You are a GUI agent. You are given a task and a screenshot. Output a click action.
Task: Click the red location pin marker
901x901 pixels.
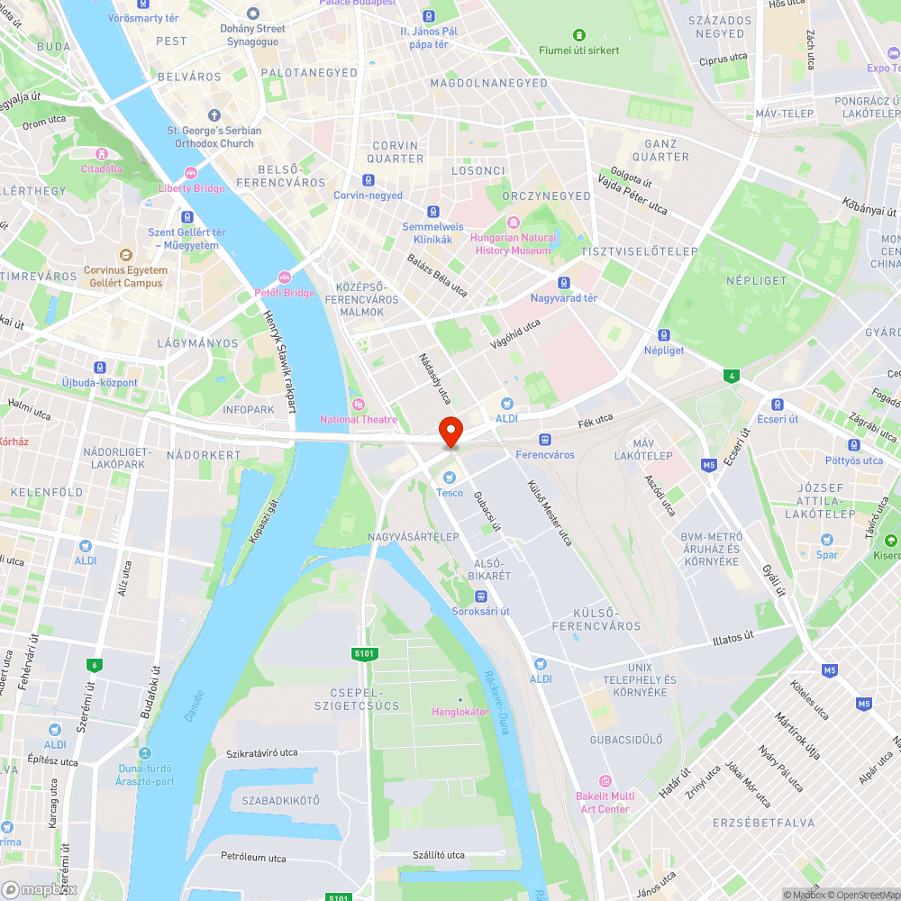pos(450,431)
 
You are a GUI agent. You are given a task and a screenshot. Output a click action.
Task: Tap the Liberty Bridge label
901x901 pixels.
pos(191,188)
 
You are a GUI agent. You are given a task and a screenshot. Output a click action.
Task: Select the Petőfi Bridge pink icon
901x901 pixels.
pos(285,278)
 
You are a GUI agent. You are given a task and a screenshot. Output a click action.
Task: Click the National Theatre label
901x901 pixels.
pos(359,419)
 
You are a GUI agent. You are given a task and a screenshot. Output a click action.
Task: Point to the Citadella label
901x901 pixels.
pos(102,168)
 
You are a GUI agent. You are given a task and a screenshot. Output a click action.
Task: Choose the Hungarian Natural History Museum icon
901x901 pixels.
pos(513,223)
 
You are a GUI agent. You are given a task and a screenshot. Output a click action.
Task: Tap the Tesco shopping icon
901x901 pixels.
pos(450,477)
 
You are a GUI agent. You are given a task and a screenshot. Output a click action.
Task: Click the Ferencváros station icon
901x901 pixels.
pos(544,439)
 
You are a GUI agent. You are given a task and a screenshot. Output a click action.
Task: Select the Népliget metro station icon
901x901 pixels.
pos(664,334)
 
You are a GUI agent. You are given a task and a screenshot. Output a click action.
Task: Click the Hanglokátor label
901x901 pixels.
pos(460,712)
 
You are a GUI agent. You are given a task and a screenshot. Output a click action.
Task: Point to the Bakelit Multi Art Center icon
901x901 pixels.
pos(605,780)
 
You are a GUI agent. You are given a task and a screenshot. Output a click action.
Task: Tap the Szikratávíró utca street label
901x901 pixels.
pos(262,752)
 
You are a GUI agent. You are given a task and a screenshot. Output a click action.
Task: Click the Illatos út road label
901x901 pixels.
pos(733,636)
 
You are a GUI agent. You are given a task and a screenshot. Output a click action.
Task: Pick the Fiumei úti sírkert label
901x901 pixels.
pos(579,50)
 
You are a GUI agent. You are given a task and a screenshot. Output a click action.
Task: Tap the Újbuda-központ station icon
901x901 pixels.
pos(99,368)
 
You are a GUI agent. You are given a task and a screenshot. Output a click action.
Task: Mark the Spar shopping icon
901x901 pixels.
pos(827,539)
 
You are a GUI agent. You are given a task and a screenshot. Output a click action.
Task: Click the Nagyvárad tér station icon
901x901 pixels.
pos(564,283)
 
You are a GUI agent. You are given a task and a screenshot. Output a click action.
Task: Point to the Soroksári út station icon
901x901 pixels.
pos(481,596)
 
